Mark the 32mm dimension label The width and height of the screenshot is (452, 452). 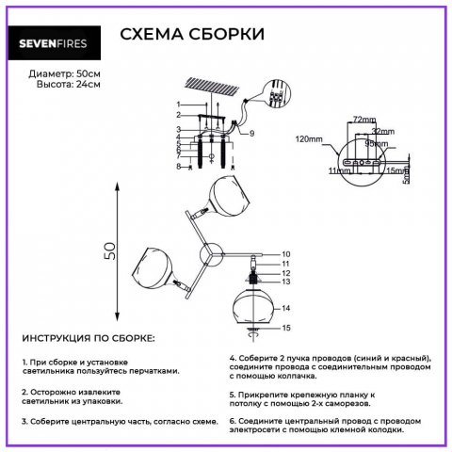381,132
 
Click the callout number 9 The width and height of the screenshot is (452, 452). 252,134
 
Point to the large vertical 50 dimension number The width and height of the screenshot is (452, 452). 110,250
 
